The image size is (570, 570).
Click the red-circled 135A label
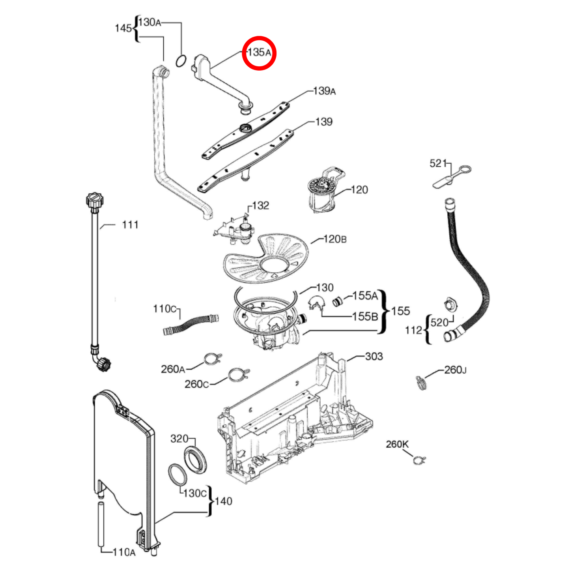point(259,52)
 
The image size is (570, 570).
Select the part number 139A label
point(324,91)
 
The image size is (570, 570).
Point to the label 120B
point(335,239)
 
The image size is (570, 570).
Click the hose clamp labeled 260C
point(238,374)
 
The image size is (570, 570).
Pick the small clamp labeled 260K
point(419,460)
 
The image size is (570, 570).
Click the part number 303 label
point(374,357)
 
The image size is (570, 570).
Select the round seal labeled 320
point(195,459)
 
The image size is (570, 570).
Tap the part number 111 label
point(130,225)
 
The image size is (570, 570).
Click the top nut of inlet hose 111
point(95,200)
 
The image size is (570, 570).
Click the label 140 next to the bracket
point(223,501)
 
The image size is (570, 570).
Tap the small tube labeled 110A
point(101,525)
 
